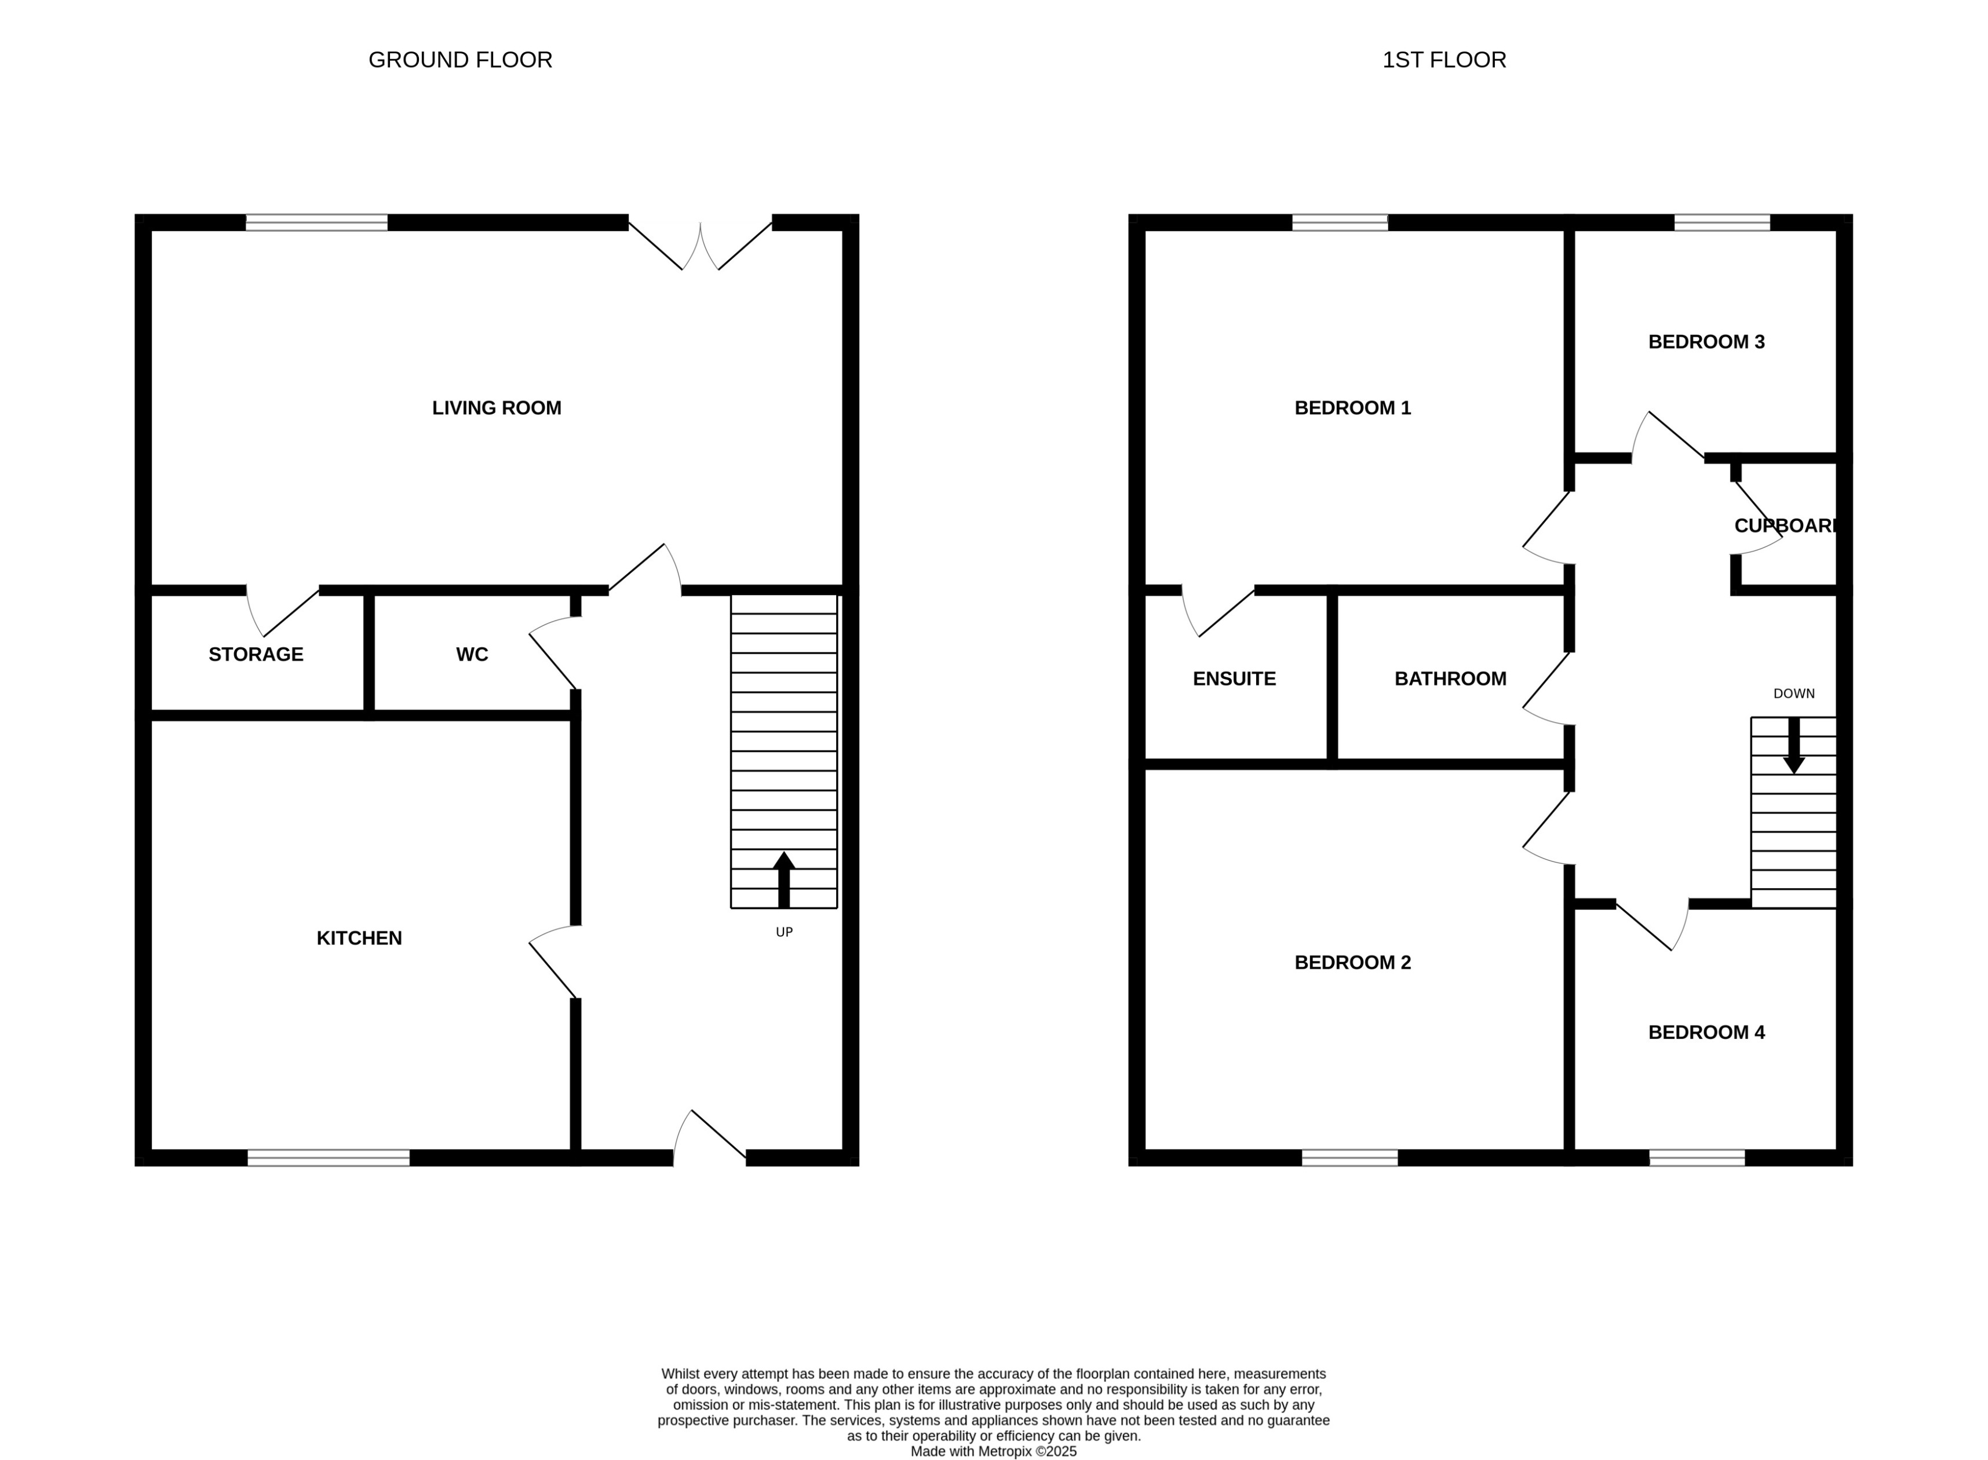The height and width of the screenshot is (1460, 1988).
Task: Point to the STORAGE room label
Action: click(x=256, y=655)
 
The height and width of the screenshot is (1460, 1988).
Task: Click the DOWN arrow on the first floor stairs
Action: click(x=1793, y=745)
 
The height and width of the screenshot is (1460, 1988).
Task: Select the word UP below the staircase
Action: click(x=783, y=932)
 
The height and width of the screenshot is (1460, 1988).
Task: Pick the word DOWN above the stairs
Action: click(x=1793, y=694)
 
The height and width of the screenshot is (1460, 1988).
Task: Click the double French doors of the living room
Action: click(x=699, y=245)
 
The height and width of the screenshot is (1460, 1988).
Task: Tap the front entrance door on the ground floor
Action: click(x=709, y=1140)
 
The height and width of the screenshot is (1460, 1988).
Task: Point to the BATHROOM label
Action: click(x=1450, y=679)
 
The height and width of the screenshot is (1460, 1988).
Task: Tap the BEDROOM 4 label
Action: click(x=1705, y=1032)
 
